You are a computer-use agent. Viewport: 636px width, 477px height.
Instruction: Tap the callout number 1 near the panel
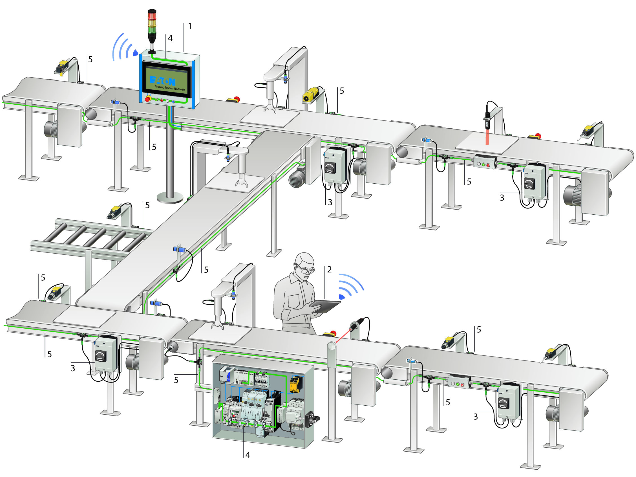190,27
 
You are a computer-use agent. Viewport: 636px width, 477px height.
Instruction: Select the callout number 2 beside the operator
330,270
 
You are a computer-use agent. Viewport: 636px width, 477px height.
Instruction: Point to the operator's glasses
305,270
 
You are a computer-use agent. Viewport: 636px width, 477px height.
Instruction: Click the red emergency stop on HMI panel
148,99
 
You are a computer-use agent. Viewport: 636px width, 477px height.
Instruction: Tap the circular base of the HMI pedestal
170,198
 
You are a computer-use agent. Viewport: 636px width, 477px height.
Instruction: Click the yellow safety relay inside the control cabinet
295,384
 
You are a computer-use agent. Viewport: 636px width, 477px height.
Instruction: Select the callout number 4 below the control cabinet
248,455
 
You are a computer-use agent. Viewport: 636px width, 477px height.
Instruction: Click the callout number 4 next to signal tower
170,38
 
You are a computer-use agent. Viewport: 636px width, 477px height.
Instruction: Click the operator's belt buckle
308,326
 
